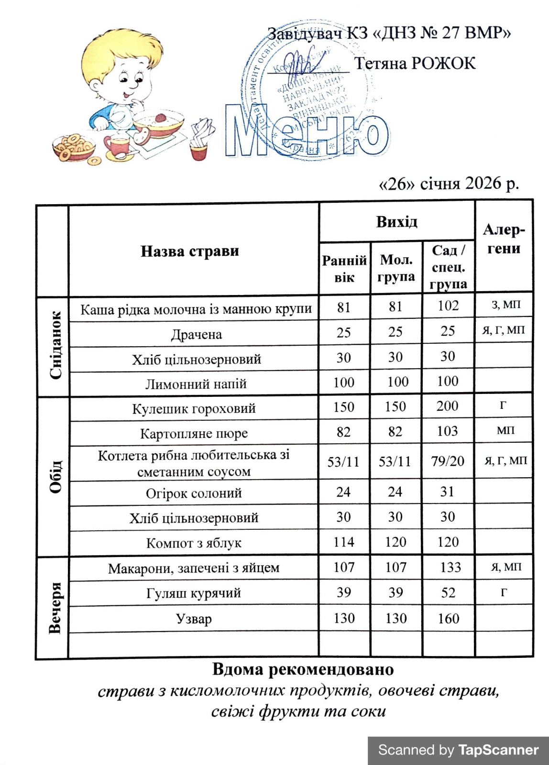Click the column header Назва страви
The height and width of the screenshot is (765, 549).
[x=189, y=251]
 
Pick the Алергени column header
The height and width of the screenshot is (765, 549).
[x=504, y=239]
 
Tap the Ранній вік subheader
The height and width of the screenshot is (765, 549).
[x=344, y=269]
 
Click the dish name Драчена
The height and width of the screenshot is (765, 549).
[x=196, y=334]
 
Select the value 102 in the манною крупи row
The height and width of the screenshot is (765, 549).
[x=448, y=306]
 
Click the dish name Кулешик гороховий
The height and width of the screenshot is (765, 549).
[x=194, y=408]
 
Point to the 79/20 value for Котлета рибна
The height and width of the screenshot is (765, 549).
[x=448, y=461]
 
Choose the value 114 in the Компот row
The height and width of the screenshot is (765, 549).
[x=344, y=542]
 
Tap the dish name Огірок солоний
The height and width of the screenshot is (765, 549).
[x=194, y=493]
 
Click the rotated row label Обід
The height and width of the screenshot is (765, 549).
[x=55, y=476]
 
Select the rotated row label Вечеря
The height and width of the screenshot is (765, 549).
[x=55, y=607]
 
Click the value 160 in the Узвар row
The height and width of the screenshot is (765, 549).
[x=448, y=619]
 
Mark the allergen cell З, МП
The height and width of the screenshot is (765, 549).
[x=505, y=305]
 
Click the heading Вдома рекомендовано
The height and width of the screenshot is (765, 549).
[x=303, y=669]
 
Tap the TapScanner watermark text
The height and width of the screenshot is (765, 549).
[x=498, y=750]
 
